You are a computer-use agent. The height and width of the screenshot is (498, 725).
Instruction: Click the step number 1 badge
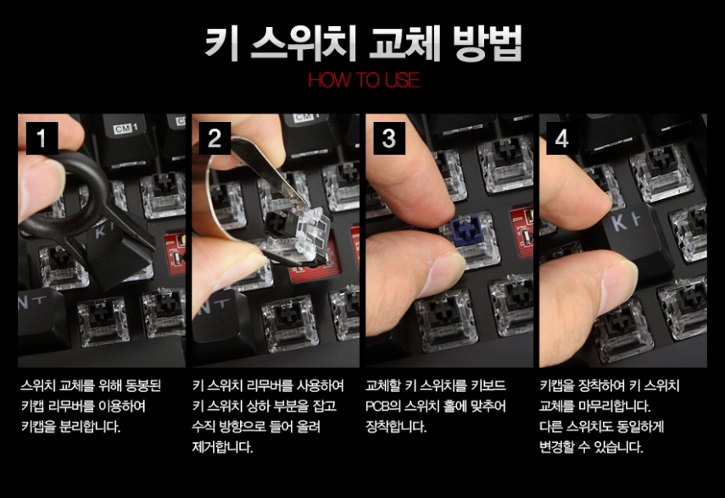click(42, 138)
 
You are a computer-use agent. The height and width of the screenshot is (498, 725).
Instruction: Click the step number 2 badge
click(215, 138)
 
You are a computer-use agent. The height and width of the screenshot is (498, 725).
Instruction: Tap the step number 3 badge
click(389, 138)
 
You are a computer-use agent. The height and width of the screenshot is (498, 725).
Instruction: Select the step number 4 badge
click(562, 138)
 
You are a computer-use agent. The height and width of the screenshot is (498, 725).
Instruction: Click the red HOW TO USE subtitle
click(364, 80)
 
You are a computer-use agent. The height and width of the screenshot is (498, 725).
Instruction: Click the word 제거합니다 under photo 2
click(222, 446)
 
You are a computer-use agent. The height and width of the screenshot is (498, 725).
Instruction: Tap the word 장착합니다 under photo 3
click(396, 426)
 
